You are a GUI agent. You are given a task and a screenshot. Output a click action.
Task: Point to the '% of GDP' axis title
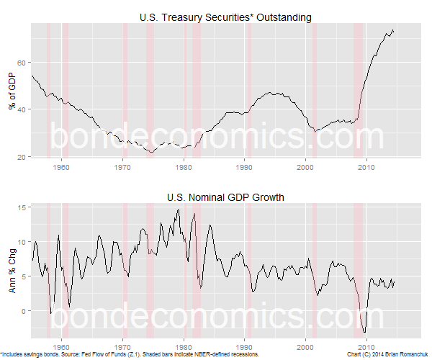(12, 90)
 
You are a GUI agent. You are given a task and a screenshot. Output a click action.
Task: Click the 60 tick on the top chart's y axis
(22, 62)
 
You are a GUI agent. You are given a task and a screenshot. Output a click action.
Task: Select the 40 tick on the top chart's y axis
(22, 109)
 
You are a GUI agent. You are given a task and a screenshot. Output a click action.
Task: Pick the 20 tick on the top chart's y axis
(22, 156)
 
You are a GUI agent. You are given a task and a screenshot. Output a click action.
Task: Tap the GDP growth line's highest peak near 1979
(177, 210)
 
